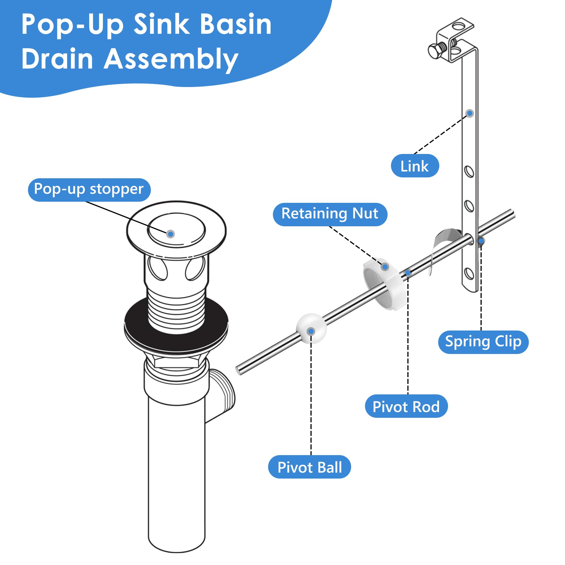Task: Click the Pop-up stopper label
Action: (x=89, y=190)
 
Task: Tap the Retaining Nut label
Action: (x=330, y=214)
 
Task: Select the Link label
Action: (x=414, y=166)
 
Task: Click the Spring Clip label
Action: (x=483, y=342)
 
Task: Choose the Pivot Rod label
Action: (x=406, y=407)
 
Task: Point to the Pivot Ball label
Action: (x=309, y=467)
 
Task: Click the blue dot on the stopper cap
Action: (x=171, y=234)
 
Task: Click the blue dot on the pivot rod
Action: (x=408, y=273)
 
